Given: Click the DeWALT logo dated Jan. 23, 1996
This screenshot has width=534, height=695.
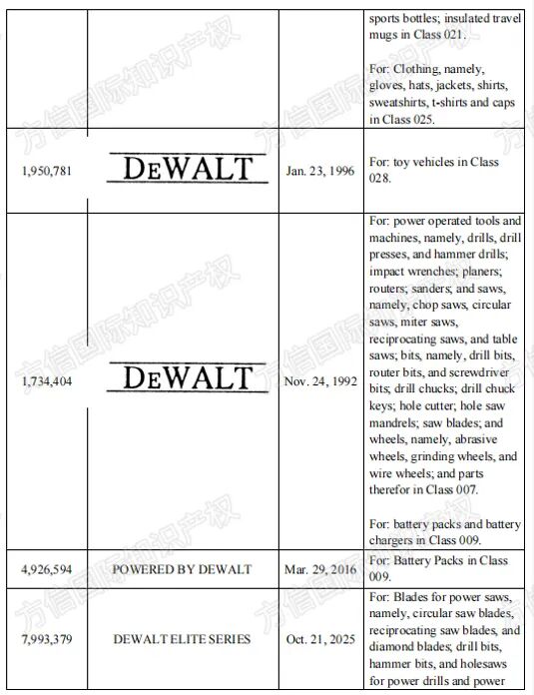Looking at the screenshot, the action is tap(188, 168).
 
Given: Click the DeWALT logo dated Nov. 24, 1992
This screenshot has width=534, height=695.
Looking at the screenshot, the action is tap(188, 378).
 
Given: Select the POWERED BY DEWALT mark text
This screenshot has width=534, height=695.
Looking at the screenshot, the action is tap(182, 568).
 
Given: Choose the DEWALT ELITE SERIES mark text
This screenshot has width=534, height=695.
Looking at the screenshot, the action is tap(182, 638).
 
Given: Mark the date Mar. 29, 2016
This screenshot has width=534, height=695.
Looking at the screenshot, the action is tap(318, 568).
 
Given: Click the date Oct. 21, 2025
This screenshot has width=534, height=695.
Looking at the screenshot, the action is tap(319, 638).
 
